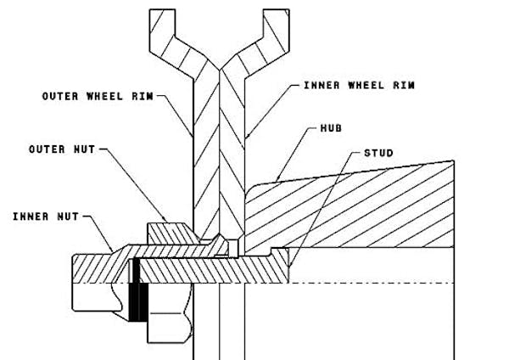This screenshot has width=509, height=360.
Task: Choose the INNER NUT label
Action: tap(46, 217)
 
